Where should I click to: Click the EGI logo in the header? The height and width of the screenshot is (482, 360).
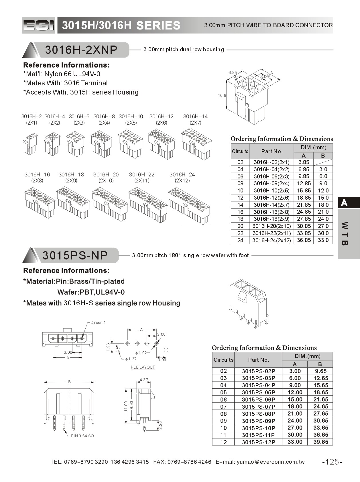pos(38,25)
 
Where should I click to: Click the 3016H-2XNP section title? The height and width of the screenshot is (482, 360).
pos(81,50)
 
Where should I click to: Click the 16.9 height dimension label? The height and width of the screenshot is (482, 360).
pos(222,95)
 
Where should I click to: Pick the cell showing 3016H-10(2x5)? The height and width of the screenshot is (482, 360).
pos(271,190)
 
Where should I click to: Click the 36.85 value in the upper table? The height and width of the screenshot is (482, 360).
pos(304,240)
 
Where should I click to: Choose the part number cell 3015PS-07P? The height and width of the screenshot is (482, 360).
pos(258,407)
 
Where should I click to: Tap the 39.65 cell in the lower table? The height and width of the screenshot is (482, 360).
pos(320,442)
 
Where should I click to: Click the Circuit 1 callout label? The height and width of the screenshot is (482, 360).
pos(98,322)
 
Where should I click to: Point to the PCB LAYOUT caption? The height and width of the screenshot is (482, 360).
pos(143,367)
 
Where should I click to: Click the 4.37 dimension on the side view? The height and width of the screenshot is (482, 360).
pos(143,380)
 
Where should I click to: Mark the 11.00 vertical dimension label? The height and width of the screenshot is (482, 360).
pos(125,406)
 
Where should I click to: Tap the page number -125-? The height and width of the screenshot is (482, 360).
pos(332,462)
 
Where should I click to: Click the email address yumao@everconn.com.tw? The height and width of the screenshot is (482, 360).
pos(271,462)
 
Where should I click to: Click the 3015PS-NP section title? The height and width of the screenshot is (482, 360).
pos(75,255)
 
